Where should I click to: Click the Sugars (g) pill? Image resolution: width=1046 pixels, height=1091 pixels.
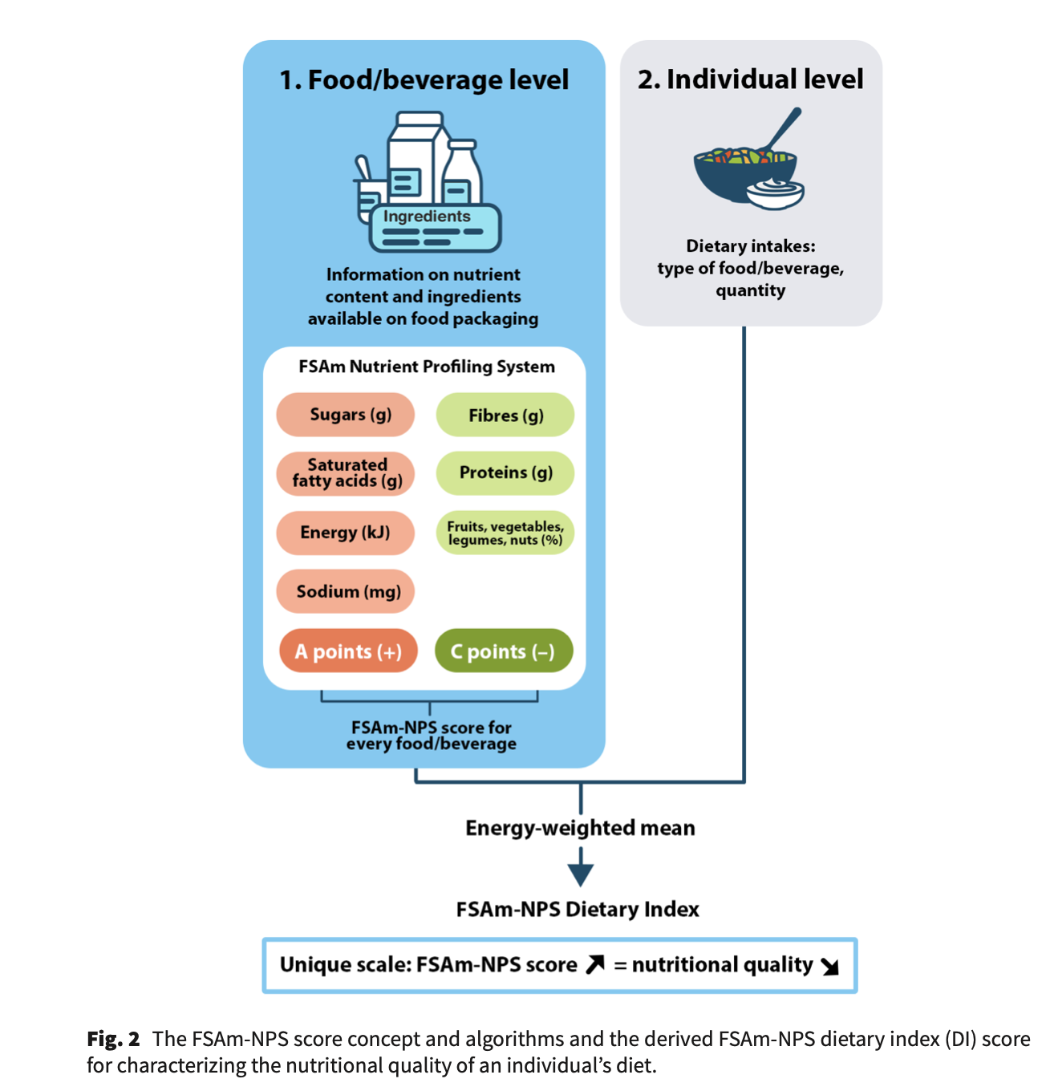click(x=346, y=415)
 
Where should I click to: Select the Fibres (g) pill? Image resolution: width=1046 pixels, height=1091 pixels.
click(x=505, y=416)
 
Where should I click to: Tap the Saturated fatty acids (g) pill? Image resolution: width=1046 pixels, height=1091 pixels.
click(x=346, y=473)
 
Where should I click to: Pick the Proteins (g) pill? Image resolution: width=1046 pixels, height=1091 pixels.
click(x=505, y=473)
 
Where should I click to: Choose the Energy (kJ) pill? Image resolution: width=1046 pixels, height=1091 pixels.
click(x=346, y=533)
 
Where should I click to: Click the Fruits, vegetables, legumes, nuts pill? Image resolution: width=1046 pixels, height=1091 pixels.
click(x=505, y=533)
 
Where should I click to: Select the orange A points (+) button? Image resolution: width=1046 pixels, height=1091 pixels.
click(x=348, y=651)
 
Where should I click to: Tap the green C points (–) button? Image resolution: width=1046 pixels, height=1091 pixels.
click(x=504, y=651)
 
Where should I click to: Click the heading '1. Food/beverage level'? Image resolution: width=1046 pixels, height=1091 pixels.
click(x=424, y=80)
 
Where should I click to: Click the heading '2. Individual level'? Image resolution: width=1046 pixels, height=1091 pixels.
click(x=750, y=79)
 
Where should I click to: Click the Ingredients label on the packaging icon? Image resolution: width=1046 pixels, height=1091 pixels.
click(x=427, y=217)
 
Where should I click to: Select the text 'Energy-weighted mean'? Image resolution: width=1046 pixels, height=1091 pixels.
click(x=580, y=828)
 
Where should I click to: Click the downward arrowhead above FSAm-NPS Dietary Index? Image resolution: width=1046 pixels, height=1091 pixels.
click(x=581, y=874)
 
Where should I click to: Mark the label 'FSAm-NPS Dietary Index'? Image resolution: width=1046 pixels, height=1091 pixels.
click(x=578, y=910)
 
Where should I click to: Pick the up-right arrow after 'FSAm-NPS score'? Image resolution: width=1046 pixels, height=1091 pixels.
click(x=595, y=964)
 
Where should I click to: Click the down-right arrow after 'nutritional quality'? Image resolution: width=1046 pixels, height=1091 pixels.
click(x=830, y=967)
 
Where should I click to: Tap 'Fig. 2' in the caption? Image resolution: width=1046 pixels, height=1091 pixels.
click(x=113, y=1040)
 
